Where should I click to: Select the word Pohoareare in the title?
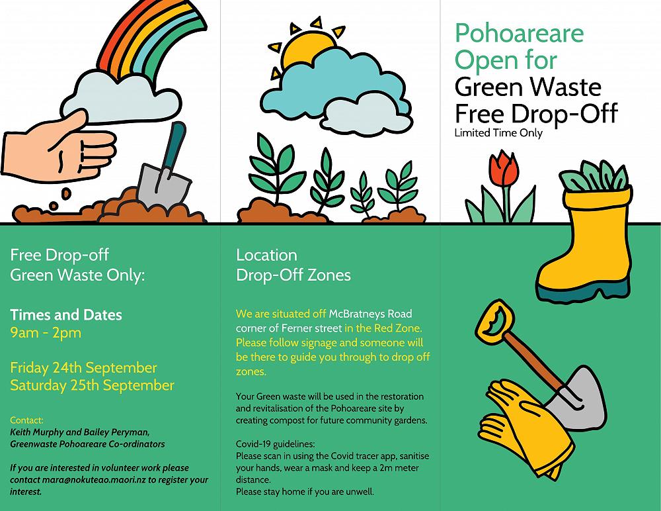pyautogui.click(x=520, y=34)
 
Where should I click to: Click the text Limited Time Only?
pyautogui.click(x=498, y=133)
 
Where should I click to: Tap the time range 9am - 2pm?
pyautogui.click(x=46, y=332)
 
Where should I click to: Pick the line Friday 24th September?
pyautogui.click(x=83, y=367)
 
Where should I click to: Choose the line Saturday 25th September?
pyautogui.click(x=92, y=385)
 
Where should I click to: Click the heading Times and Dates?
pyautogui.click(x=66, y=314)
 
